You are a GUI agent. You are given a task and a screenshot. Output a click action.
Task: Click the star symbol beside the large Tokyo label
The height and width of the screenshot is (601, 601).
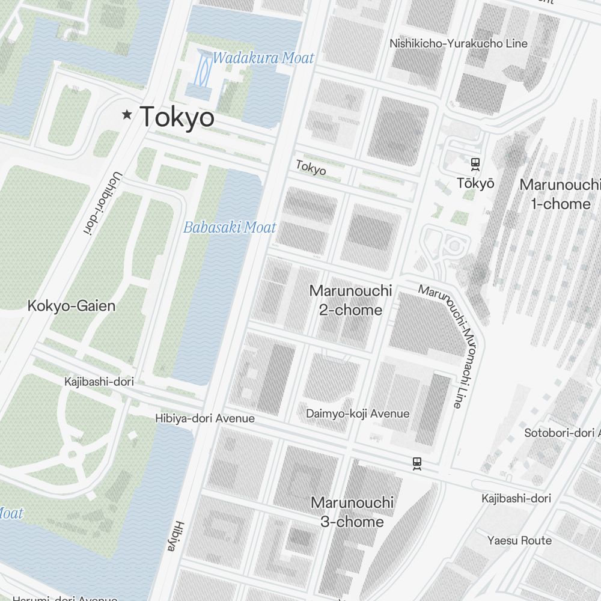point(127,115)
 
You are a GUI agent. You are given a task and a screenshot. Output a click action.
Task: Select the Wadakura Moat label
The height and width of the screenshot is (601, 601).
point(263,58)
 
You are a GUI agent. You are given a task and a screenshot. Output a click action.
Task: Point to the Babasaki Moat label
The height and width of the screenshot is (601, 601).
point(230,228)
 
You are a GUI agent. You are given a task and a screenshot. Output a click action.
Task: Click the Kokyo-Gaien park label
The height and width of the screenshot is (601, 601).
point(71,306)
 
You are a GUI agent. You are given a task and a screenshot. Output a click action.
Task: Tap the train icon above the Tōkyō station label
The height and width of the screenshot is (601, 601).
point(475,163)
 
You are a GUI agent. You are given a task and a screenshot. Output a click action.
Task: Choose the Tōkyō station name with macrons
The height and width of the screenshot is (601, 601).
point(475,183)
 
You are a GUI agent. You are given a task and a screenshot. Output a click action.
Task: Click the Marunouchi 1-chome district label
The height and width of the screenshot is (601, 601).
point(560,194)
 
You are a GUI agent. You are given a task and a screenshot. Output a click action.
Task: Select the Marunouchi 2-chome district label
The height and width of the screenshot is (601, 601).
point(350,300)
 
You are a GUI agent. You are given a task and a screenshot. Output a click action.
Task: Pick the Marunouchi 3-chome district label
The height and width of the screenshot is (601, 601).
point(352,512)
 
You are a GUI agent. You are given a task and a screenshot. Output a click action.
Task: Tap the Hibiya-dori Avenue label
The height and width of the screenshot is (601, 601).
point(204,418)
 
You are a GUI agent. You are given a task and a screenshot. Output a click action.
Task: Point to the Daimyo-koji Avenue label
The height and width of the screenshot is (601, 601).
point(358,413)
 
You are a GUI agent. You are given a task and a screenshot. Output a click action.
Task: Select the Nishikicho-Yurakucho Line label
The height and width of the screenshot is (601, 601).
point(458,43)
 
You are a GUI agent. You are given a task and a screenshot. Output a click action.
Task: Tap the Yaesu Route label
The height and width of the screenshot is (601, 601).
point(519,540)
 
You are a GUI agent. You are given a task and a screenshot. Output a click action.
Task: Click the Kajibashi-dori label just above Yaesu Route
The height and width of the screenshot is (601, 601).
point(516,498)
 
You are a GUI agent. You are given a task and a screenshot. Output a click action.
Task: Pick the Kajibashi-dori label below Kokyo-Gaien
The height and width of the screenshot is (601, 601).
point(99,382)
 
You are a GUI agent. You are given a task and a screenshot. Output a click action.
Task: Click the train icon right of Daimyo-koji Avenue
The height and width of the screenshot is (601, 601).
point(416,463)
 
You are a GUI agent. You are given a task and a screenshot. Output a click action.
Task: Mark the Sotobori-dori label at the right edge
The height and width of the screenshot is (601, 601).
point(562,433)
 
